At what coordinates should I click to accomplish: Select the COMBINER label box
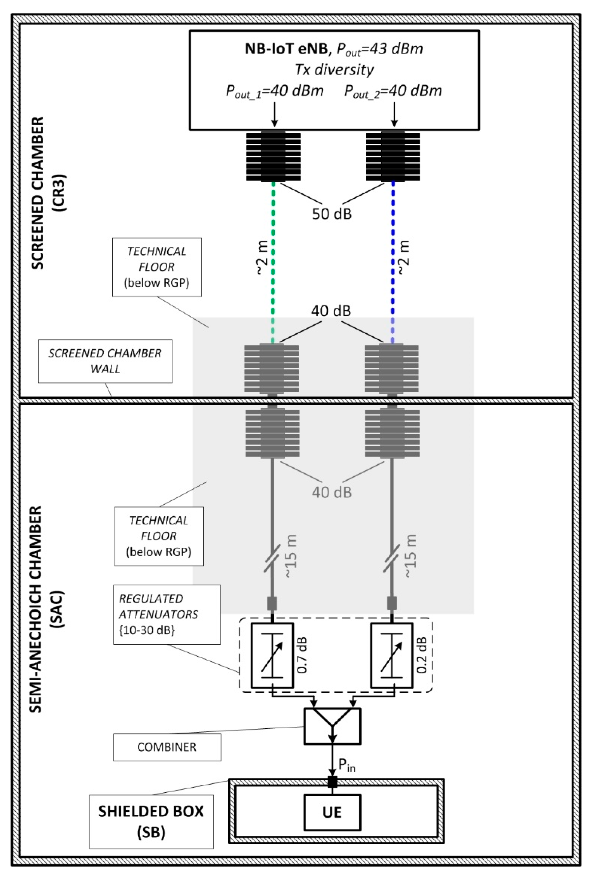167,747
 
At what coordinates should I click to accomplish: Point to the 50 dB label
332,214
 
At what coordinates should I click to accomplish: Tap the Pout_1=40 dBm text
275,91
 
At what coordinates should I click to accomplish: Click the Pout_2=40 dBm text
393,91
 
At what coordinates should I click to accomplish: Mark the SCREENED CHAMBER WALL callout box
105,361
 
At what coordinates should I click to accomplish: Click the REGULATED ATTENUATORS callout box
166,614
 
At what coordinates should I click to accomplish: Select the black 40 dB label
331,311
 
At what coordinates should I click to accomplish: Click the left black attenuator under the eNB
273,156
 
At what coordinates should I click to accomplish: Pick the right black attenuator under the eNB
393,156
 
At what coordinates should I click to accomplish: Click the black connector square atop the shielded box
332,781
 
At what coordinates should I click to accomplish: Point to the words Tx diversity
334,70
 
